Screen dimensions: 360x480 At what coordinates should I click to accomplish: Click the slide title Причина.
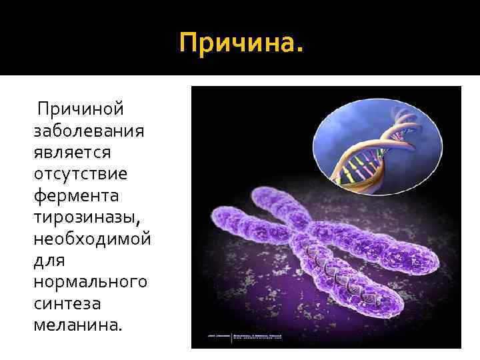click(241, 45)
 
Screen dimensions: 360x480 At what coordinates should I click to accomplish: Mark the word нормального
click(90, 282)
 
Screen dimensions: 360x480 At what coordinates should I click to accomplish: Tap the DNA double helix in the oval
click(373, 150)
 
